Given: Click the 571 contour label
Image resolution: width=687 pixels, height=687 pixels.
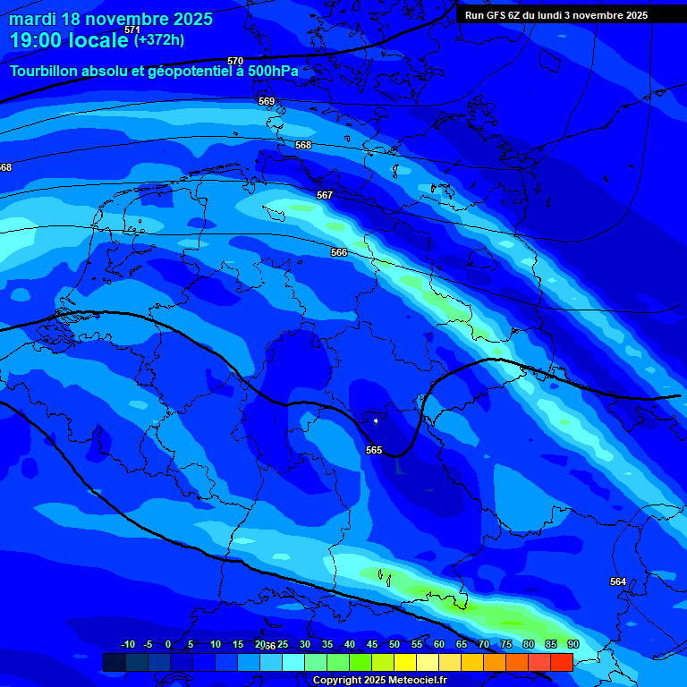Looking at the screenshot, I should [x=132, y=30].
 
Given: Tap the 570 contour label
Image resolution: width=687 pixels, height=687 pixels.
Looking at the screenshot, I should [x=235, y=61].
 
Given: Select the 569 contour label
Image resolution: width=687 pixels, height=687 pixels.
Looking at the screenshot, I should [x=267, y=101].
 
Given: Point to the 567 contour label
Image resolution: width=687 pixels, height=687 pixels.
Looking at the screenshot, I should [x=325, y=195].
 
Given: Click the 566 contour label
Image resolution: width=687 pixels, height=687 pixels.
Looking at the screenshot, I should [x=339, y=253].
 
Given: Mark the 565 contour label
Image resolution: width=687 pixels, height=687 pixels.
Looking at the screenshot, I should [x=374, y=450].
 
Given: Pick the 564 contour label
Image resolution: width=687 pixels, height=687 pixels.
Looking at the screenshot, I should [x=618, y=581].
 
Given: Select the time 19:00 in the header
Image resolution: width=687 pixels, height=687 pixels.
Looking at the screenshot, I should [x=38, y=40].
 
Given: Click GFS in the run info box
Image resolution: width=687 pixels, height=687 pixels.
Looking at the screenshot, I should [x=496, y=15].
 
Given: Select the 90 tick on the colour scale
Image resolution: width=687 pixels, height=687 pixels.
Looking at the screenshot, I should [x=572, y=644].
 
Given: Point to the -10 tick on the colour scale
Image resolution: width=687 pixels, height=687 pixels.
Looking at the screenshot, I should [x=127, y=644].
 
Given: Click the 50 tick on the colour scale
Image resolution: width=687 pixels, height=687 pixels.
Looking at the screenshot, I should [x=394, y=644].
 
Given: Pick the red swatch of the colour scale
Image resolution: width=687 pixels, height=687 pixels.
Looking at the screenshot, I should [x=562, y=662].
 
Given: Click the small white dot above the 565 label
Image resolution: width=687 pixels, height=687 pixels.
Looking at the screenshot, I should [x=376, y=420].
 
